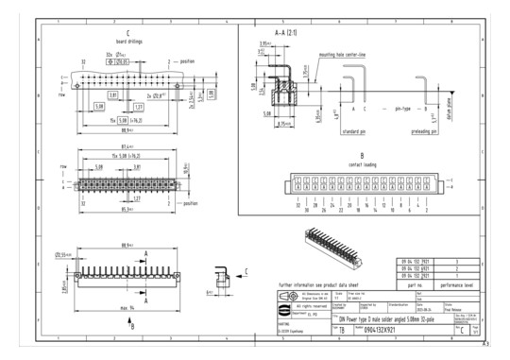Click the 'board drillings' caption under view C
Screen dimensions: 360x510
click(x=127, y=41)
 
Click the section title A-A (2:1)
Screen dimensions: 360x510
click(x=284, y=32)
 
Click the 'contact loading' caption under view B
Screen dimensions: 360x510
click(x=361, y=163)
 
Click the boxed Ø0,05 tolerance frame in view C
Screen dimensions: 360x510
click(x=124, y=60)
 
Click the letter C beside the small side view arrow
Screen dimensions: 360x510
click(x=248, y=270)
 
